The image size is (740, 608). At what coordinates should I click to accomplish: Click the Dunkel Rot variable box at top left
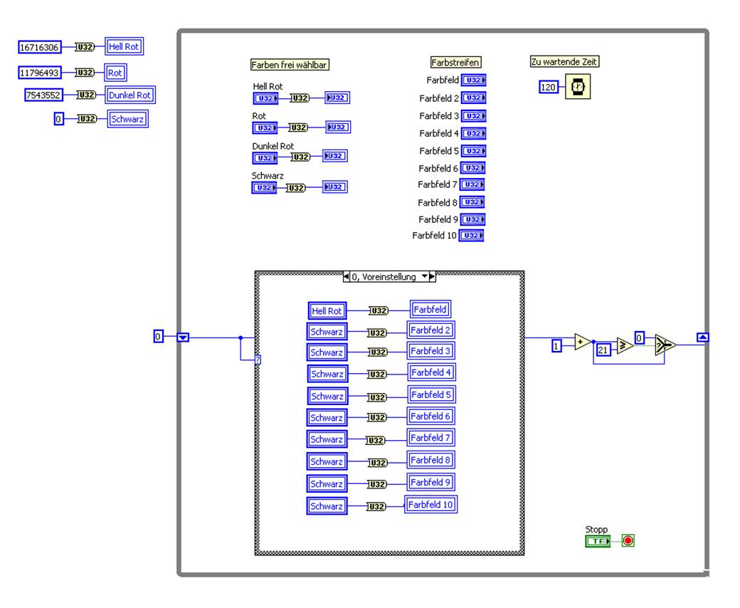click(130, 95)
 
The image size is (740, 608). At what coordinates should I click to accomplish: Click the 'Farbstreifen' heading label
click(455, 63)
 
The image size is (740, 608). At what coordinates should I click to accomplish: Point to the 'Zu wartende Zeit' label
click(565, 62)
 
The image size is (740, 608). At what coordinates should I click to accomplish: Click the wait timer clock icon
click(577, 87)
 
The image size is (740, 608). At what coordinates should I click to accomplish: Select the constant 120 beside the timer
click(548, 87)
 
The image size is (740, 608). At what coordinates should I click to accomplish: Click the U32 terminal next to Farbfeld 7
click(472, 185)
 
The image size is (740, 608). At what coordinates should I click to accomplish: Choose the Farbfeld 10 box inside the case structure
click(431, 505)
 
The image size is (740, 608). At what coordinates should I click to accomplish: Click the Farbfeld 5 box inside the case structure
click(430, 394)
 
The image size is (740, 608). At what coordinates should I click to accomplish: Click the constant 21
click(603, 350)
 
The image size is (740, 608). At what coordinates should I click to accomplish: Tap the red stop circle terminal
click(628, 540)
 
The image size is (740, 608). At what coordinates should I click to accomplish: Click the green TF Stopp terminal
click(598, 541)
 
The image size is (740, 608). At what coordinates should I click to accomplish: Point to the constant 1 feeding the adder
click(557, 346)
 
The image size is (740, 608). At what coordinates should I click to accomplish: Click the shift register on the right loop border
click(702, 337)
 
